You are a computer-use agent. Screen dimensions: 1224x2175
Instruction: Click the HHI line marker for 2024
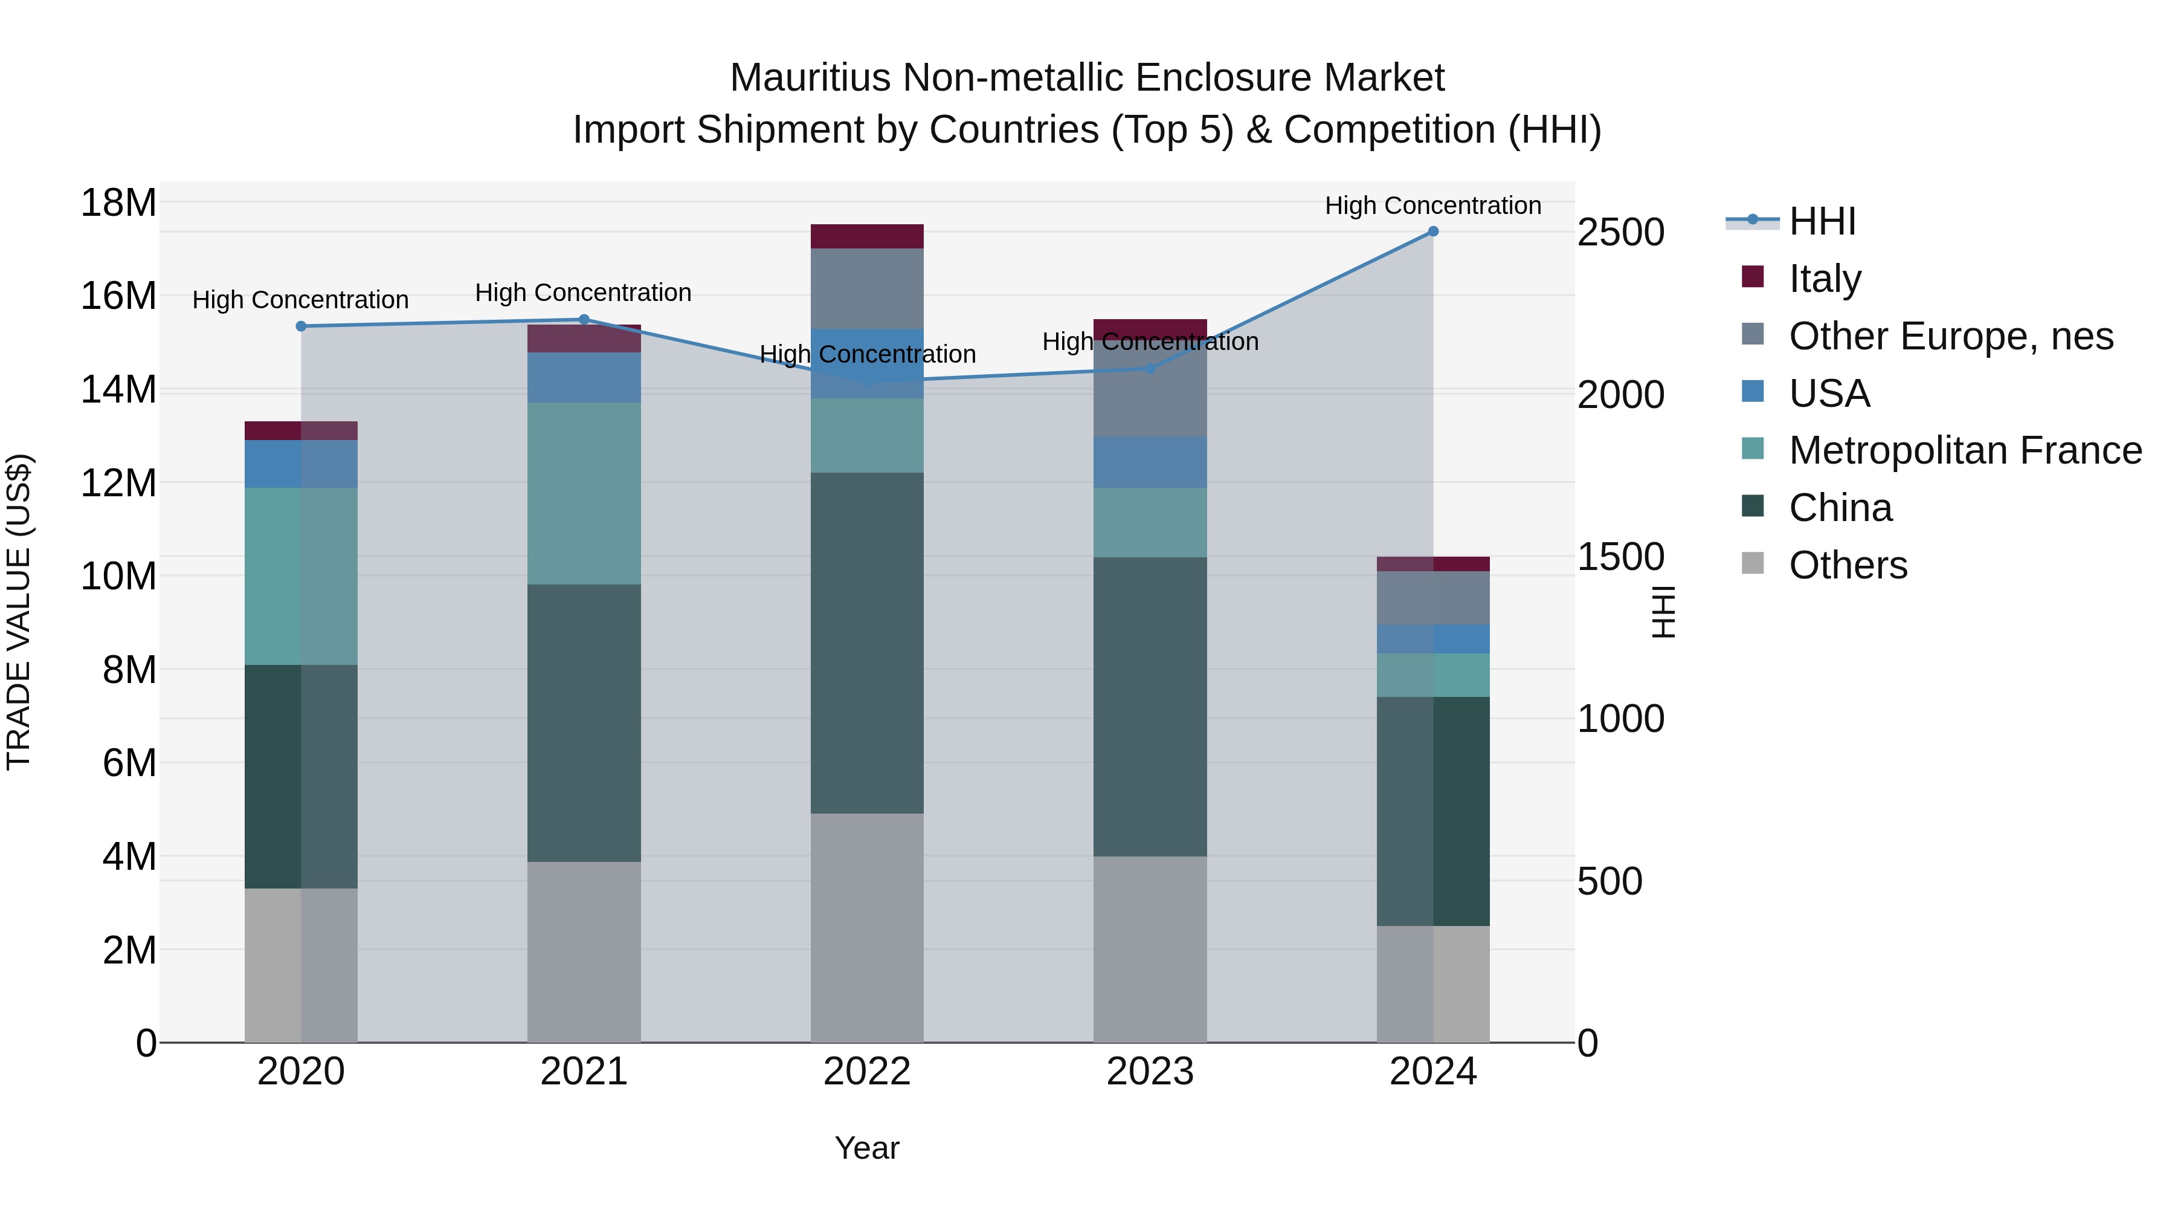(x=1433, y=232)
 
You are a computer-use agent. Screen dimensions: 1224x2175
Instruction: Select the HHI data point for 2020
(x=301, y=326)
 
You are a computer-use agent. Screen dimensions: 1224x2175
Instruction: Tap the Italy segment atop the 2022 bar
(x=867, y=236)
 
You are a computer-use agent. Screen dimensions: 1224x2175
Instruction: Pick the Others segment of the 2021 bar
(x=584, y=951)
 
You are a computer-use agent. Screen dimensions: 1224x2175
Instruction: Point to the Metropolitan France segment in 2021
(x=584, y=493)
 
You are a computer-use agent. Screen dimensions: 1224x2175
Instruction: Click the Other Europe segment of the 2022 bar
(x=867, y=288)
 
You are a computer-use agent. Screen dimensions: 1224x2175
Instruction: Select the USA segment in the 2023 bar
(x=1150, y=462)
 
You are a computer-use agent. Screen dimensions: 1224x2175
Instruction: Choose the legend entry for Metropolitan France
(x=1965, y=450)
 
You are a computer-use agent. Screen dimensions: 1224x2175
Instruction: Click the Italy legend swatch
(x=1753, y=277)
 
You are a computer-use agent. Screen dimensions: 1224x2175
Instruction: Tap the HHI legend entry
(x=1822, y=221)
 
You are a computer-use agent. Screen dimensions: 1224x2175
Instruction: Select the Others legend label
(x=1848, y=565)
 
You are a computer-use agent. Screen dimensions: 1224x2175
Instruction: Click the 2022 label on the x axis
(x=867, y=1072)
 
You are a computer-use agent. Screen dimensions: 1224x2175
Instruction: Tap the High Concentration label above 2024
(x=1433, y=206)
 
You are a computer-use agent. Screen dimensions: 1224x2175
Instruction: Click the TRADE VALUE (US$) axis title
(x=19, y=612)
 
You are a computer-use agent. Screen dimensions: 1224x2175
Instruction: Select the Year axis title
(x=867, y=1148)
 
